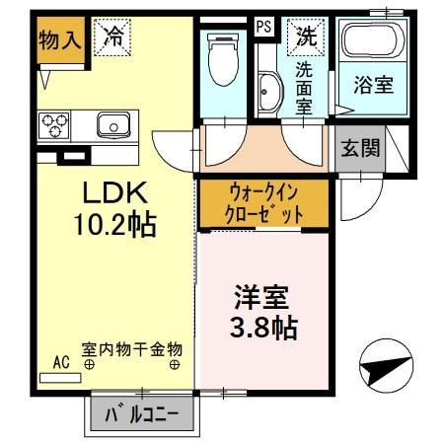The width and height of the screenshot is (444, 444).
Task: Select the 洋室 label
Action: point(260,295)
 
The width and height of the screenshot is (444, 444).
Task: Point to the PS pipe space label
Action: point(263,28)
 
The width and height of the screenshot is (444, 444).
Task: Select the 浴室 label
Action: point(372,85)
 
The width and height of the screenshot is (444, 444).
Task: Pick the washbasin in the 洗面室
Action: point(267,95)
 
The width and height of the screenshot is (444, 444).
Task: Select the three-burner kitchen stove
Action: point(55,126)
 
